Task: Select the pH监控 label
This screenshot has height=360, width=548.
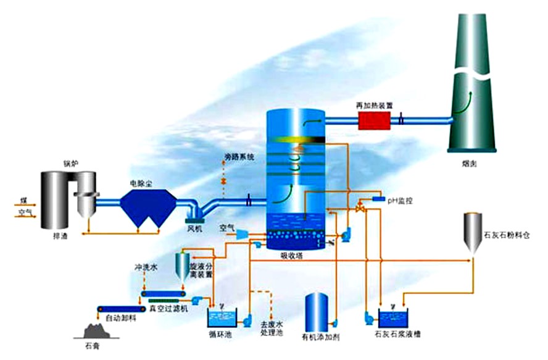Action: (399, 200)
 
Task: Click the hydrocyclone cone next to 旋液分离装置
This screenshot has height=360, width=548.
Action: (183, 265)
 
